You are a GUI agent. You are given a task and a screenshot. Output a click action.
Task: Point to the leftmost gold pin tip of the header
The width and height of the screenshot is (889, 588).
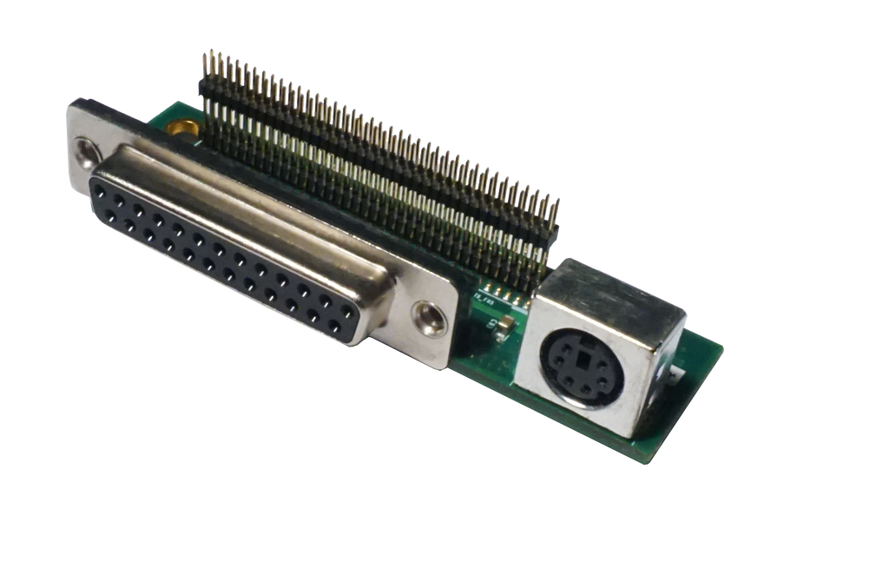pyautogui.click(x=205, y=54)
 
